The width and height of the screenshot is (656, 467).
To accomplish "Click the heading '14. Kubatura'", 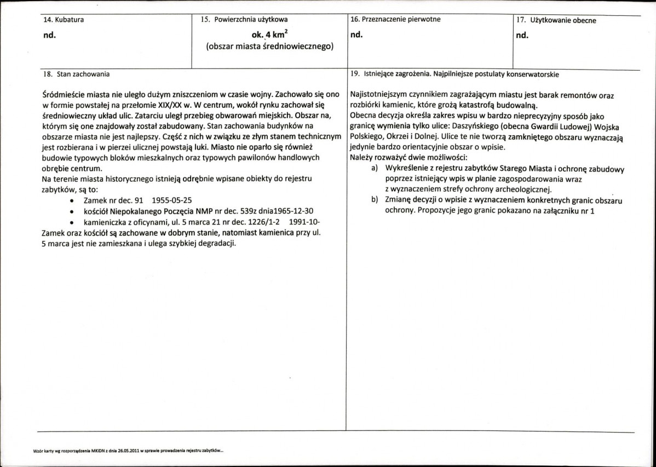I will pyautogui.click(x=64, y=20).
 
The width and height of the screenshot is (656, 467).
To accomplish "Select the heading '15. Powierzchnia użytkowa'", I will pyautogui.click(x=244, y=20).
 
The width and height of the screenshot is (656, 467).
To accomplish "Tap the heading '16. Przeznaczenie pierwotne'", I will pyautogui.click(x=395, y=19).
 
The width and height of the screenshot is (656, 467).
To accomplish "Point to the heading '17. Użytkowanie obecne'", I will pyautogui.click(x=556, y=21).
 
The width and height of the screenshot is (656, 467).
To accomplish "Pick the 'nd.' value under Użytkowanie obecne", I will pyautogui.click(x=522, y=37).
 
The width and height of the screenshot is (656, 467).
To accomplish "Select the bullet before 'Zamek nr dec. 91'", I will pyautogui.click(x=72, y=201).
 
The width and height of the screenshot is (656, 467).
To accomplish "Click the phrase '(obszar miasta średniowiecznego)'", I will pyautogui.click(x=269, y=47).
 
